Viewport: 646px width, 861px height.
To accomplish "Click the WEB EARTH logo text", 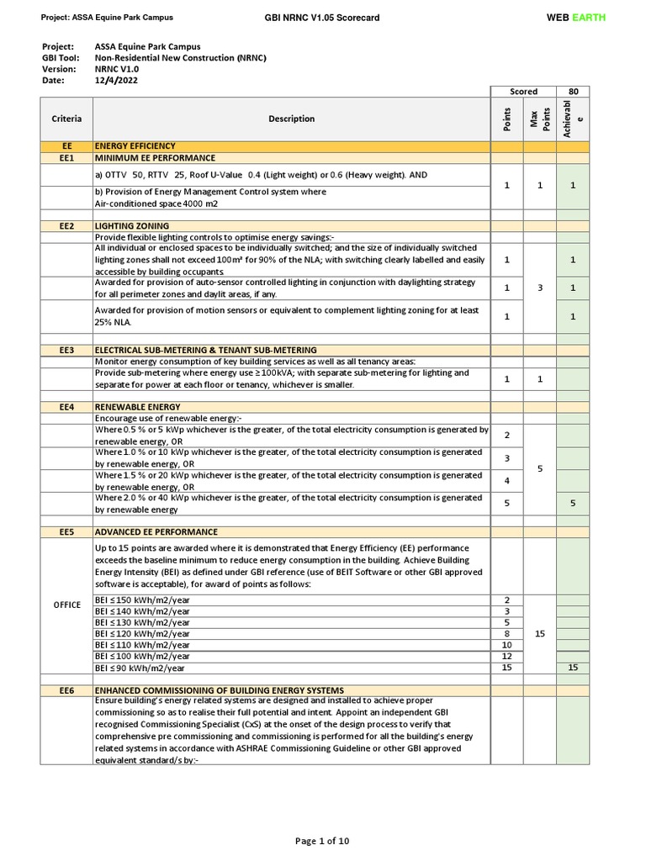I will (575, 18).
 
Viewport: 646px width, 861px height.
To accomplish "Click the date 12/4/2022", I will (117, 81).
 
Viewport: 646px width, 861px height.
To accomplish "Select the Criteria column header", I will (66, 119).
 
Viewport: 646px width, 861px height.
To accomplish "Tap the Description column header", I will (291, 119).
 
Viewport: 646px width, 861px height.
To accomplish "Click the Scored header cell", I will (523, 92).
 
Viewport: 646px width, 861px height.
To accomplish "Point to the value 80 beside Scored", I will (573, 92).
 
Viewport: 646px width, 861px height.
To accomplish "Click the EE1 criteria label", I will (66, 158).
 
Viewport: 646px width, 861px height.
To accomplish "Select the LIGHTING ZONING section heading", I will (132, 226).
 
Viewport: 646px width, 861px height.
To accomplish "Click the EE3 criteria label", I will (66, 350).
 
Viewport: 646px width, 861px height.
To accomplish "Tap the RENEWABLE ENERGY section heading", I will (137, 407).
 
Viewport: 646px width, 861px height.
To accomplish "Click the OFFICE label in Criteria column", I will (66, 605).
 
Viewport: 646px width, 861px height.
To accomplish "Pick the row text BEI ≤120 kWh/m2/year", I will (142, 634).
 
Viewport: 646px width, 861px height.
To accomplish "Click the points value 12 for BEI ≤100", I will (506, 656).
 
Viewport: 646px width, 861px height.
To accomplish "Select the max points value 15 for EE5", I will (539, 634).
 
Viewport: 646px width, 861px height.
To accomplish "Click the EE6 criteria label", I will (66, 690).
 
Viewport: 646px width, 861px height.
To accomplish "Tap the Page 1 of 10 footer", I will (322, 841).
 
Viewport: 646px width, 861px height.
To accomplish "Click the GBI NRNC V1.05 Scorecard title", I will (322, 18).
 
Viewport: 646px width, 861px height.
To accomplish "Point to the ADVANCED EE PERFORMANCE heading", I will (156, 532).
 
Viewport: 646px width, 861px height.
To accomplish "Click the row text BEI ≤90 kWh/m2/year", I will (140, 668).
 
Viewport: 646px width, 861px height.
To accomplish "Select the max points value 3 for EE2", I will (539, 288).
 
